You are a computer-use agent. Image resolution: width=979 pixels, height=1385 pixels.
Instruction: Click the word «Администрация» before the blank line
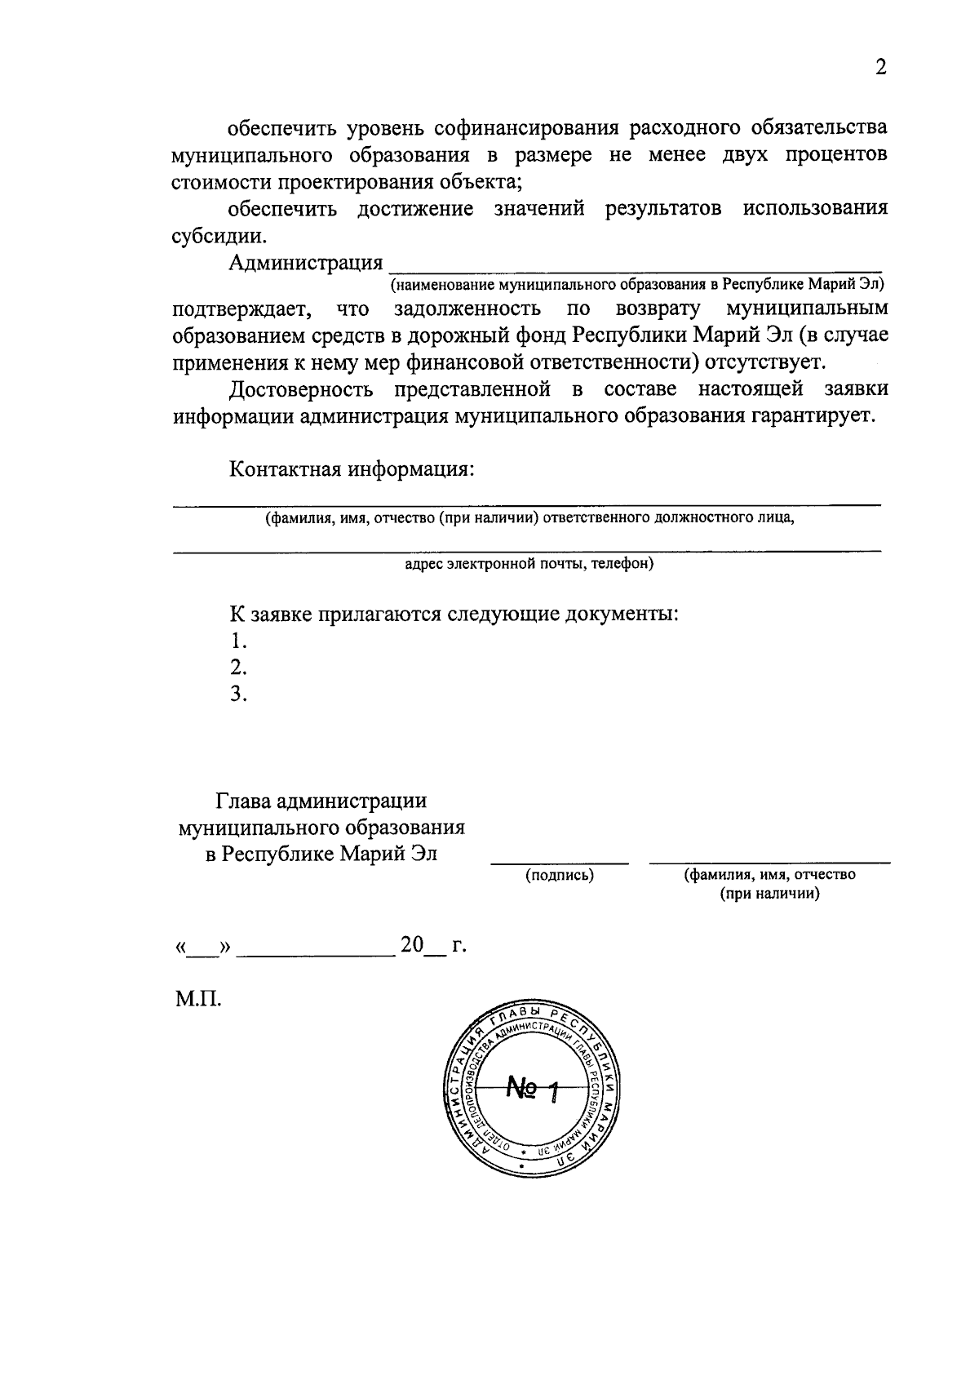306,263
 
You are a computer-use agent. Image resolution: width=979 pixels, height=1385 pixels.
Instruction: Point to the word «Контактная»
285,470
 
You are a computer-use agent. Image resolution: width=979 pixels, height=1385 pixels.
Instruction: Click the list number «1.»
238,640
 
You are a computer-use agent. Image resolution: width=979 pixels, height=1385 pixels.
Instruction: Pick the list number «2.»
238,667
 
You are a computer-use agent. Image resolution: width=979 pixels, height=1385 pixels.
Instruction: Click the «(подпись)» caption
559,875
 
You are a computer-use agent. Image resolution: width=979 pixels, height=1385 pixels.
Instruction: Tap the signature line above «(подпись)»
559,862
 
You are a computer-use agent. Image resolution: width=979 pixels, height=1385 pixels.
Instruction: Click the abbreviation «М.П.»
198,998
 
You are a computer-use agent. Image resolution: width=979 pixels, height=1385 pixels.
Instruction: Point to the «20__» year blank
423,946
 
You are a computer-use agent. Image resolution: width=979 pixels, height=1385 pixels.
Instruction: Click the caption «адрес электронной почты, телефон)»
529,564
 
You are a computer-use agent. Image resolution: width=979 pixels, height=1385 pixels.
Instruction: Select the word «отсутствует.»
769,362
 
